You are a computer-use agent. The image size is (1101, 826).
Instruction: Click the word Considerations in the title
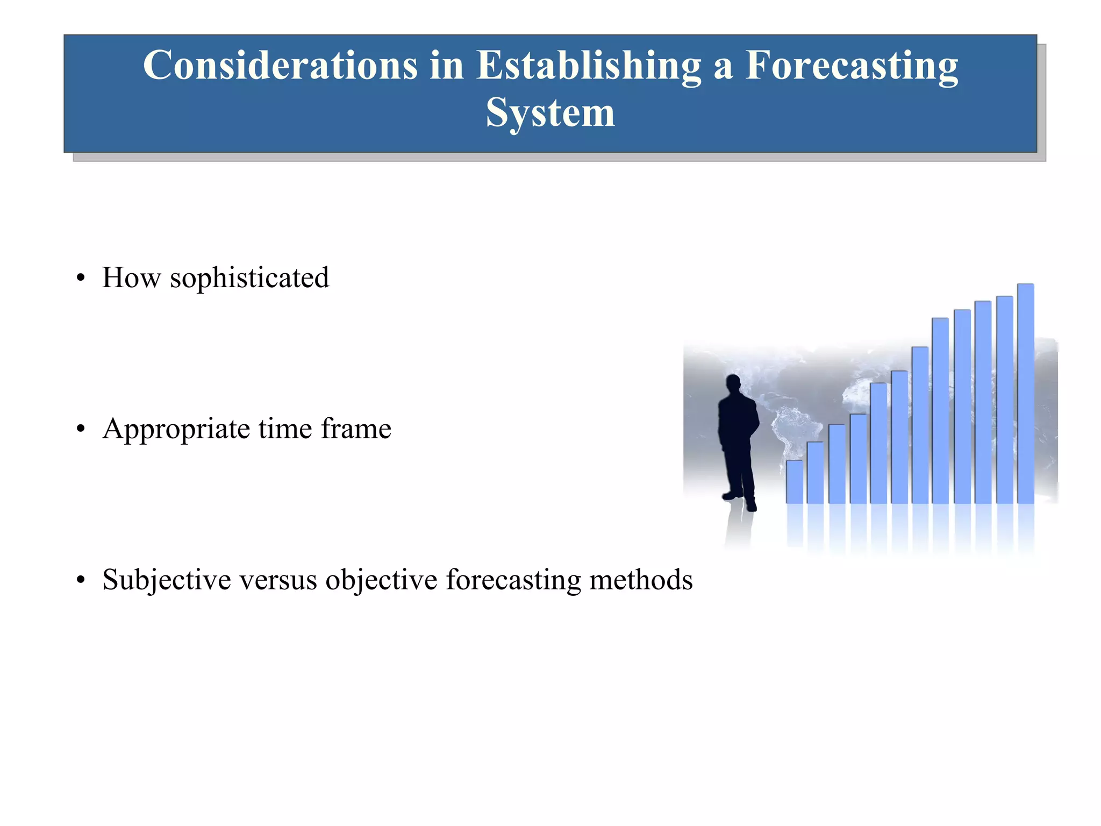[x=280, y=66]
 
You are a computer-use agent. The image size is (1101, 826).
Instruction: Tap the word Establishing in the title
[x=589, y=66]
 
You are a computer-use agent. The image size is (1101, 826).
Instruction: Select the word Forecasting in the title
[x=851, y=66]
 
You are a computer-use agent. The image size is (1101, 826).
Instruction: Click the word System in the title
[x=550, y=113]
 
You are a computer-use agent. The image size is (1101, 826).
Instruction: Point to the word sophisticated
[x=249, y=279]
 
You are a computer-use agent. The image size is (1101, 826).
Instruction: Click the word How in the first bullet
[x=131, y=278]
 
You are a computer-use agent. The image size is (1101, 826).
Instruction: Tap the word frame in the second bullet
[x=356, y=429]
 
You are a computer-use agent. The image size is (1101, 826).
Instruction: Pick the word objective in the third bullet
[x=381, y=580]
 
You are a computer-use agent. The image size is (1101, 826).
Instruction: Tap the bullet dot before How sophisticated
[x=81, y=279]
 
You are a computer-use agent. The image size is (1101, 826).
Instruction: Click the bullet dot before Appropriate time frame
[x=81, y=430]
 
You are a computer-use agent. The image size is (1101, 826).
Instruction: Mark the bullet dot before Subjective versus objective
[x=81, y=581]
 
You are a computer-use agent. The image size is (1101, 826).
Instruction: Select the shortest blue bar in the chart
[x=794, y=481]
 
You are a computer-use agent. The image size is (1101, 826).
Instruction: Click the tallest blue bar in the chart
[x=1025, y=393]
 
